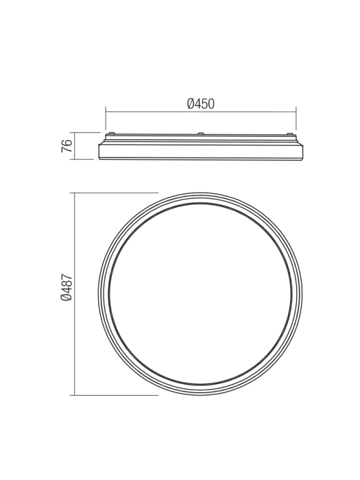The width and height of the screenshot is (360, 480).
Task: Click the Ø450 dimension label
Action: (x=200, y=104)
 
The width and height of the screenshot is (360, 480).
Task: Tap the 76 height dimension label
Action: (x=67, y=146)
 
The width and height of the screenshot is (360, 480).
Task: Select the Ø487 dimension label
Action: (x=67, y=288)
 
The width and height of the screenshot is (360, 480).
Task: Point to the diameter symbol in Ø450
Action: (x=190, y=104)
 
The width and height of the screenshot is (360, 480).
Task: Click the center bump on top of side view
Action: (x=200, y=134)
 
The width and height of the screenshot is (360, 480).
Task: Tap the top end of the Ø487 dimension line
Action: (x=75, y=193)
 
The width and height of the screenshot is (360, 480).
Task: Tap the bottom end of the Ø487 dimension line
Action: (x=75, y=395)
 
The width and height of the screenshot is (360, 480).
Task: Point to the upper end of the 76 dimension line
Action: (x=75, y=132)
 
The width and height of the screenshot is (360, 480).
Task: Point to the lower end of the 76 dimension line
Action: (x=75, y=159)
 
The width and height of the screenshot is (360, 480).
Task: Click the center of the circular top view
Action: (x=200, y=293)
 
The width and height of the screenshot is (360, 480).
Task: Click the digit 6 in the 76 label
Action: (x=67, y=143)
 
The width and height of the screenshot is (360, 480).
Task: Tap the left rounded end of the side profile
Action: (x=101, y=151)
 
